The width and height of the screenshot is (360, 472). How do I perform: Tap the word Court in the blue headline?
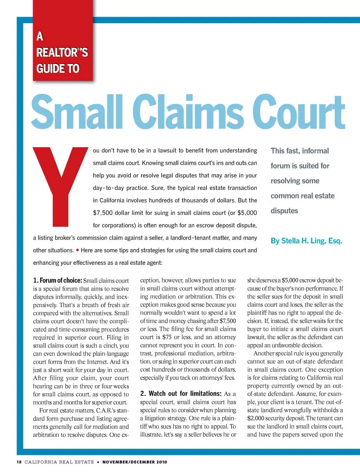coord(298,112)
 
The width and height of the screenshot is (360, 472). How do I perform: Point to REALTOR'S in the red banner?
coord(62,52)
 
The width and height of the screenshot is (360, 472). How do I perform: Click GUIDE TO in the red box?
coord(58,69)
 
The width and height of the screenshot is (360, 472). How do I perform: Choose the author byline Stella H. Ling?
coord(306,241)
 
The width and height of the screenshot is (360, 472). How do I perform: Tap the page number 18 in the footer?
coord(19,462)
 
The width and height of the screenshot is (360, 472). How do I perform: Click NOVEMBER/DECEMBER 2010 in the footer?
coord(135,462)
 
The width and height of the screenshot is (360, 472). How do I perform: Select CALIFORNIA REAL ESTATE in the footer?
coord(59,462)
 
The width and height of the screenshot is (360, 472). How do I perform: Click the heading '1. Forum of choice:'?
coord(57,280)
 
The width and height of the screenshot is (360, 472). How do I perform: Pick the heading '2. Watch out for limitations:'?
coord(181,394)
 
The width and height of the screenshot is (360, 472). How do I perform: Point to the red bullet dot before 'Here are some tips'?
coord(77,250)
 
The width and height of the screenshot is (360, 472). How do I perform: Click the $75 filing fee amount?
coord(167,337)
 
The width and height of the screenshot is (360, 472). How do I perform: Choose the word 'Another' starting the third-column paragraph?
coord(265,354)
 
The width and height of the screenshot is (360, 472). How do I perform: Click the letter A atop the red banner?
coord(40,36)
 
